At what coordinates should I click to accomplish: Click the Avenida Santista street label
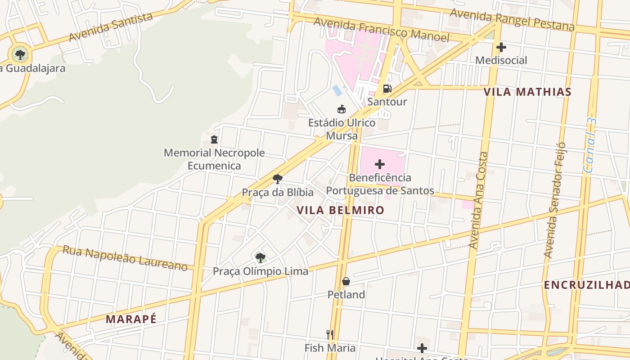point(111,27)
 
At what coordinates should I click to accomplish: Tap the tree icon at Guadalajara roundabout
point(20,55)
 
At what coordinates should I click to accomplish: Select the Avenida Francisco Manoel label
point(382,30)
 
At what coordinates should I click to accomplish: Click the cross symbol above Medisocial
point(501,47)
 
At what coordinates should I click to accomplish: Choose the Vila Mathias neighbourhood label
point(527,92)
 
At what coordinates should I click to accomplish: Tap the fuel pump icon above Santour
point(387,89)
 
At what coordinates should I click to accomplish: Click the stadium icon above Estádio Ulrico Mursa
point(342,109)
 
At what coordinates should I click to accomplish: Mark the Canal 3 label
point(590,145)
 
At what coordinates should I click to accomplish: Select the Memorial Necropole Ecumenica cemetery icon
point(214,139)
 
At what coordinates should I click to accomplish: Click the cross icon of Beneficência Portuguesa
point(380,164)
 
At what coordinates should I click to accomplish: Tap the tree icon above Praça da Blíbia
point(278,179)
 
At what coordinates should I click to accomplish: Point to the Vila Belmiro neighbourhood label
point(340,210)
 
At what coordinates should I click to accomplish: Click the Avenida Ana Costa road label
point(478,200)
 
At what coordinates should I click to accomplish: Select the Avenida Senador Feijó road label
point(554,200)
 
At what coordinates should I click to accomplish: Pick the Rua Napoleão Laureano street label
point(125,258)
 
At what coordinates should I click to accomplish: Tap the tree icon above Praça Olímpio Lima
point(260,258)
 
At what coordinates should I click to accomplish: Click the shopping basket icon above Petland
point(346,281)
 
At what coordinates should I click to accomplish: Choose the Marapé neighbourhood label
point(131,319)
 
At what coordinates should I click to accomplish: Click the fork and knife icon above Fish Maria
point(330,334)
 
